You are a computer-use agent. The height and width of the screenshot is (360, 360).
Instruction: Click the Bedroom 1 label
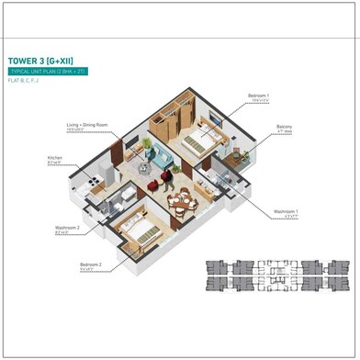[x=258, y=95]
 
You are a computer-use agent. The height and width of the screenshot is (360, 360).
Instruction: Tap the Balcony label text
[x=285, y=127]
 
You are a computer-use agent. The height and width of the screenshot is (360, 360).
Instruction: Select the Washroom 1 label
[x=286, y=211]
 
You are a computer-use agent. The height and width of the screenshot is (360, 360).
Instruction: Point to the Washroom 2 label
[x=66, y=228]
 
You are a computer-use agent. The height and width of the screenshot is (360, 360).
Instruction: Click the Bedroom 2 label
[x=90, y=264]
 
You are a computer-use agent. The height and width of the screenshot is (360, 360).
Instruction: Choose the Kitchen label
[x=55, y=157]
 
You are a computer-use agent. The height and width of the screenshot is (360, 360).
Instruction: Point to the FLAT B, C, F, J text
[x=26, y=81]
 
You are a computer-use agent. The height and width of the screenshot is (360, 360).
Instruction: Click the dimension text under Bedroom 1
[x=258, y=100]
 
